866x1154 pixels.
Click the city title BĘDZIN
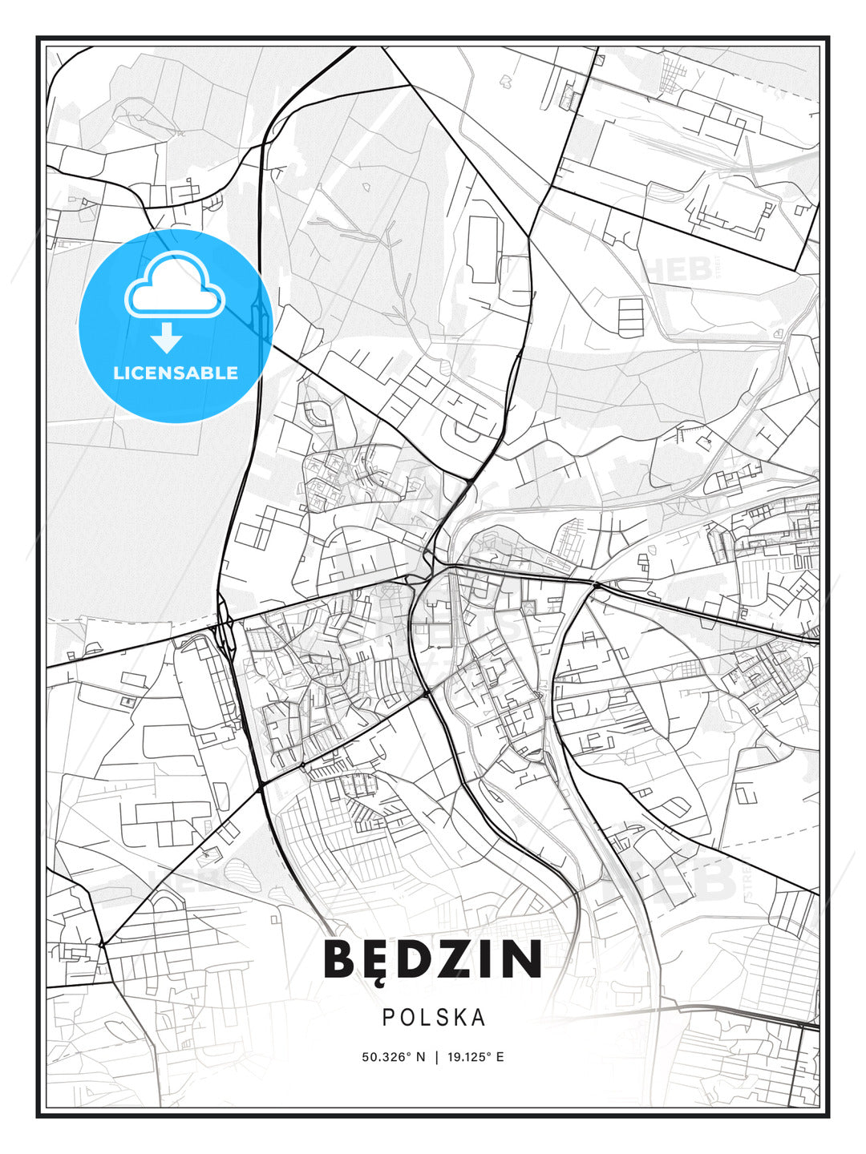(433, 959)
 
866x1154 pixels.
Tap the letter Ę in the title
(377, 959)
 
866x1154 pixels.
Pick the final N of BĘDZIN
(522, 959)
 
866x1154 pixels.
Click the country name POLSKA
(434, 1017)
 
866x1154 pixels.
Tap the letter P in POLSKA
(387, 1017)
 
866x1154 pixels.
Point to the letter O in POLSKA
(406, 1017)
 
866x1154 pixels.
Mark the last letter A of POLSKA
(479, 1017)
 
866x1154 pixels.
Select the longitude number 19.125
(467, 1057)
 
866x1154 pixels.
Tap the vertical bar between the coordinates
(436, 1057)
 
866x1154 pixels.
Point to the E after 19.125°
(500, 1057)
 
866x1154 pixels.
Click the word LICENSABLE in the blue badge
(176, 373)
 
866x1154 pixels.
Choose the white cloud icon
(174, 286)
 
